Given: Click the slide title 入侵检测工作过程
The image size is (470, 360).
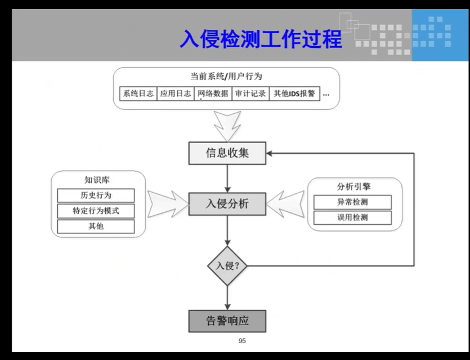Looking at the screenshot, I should (261, 40).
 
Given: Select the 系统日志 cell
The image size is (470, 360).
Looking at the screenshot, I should (138, 94).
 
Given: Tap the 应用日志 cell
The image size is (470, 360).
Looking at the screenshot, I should (175, 94).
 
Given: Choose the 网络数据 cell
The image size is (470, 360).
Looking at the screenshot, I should (213, 94).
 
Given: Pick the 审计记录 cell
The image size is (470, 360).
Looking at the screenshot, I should (250, 94).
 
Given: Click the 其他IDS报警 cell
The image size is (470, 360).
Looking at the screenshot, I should (294, 94).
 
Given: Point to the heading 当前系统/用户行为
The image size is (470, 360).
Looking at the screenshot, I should (226, 76).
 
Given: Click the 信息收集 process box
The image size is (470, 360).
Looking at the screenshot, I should (227, 153).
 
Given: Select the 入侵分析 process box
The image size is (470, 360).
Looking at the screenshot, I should (227, 204).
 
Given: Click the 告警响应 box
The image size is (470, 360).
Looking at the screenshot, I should (227, 321).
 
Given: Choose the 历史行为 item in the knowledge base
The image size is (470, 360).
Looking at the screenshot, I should (96, 195).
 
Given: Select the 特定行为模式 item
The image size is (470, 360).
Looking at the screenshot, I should (96, 211).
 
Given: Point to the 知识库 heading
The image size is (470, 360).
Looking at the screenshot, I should (96, 180).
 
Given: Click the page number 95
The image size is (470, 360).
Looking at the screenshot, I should (243, 341).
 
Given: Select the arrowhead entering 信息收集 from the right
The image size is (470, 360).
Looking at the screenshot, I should (271, 153).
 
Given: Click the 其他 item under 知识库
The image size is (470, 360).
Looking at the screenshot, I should (96, 226).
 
